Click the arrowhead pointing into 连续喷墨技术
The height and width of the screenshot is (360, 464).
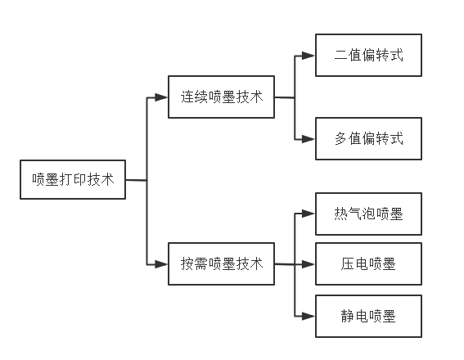click(x=161, y=97)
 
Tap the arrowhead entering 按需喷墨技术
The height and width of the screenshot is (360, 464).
click(x=161, y=263)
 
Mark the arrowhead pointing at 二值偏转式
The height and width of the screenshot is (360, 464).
click(x=308, y=56)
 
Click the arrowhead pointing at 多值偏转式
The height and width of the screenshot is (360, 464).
click(x=308, y=139)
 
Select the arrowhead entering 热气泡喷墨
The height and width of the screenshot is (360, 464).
click(x=308, y=214)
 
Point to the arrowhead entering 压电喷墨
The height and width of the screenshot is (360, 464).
click(x=308, y=263)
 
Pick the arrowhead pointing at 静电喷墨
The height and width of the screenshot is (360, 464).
click(x=308, y=316)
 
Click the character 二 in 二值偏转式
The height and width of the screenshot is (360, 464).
click(x=340, y=56)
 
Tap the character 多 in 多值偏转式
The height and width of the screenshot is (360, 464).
click(x=340, y=139)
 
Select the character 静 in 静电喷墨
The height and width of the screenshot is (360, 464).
click(x=348, y=316)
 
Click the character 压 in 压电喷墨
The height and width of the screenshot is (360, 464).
click(x=348, y=263)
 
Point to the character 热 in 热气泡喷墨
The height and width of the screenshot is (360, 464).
click(x=340, y=214)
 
